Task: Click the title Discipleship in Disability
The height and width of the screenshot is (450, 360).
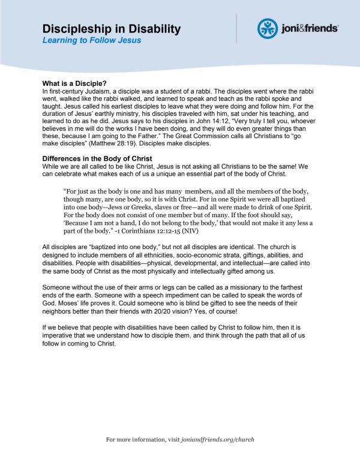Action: (x=111, y=28)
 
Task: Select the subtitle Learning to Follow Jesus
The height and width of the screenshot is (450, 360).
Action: (x=92, y=40)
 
